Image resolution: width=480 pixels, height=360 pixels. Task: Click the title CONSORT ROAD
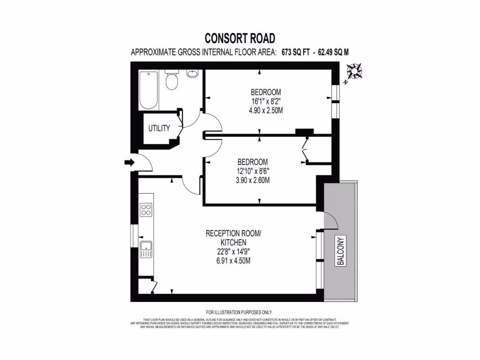coord(240,38)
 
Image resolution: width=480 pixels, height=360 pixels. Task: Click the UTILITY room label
coord(159,128)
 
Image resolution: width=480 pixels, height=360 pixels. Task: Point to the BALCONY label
coord(341,251)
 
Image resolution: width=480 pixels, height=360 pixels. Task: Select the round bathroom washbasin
coord(192,74)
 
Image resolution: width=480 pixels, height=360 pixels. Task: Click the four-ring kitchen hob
coord(146,209)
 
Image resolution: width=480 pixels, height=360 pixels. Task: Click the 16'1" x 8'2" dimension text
coord(266,101)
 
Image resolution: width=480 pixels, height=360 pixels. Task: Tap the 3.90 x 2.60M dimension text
coord(253,180)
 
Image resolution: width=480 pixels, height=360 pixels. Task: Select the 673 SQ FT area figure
coord(296,52)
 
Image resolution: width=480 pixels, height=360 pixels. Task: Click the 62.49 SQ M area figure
coord(334,52)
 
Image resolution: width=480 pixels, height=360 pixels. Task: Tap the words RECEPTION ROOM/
coord(233,233)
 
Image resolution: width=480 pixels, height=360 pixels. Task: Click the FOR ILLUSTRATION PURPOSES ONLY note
coord(239,312)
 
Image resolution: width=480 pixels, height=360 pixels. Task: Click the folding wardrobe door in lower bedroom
coord(304,149)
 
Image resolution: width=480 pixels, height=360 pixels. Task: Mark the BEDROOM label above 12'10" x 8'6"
coord(253,162)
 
